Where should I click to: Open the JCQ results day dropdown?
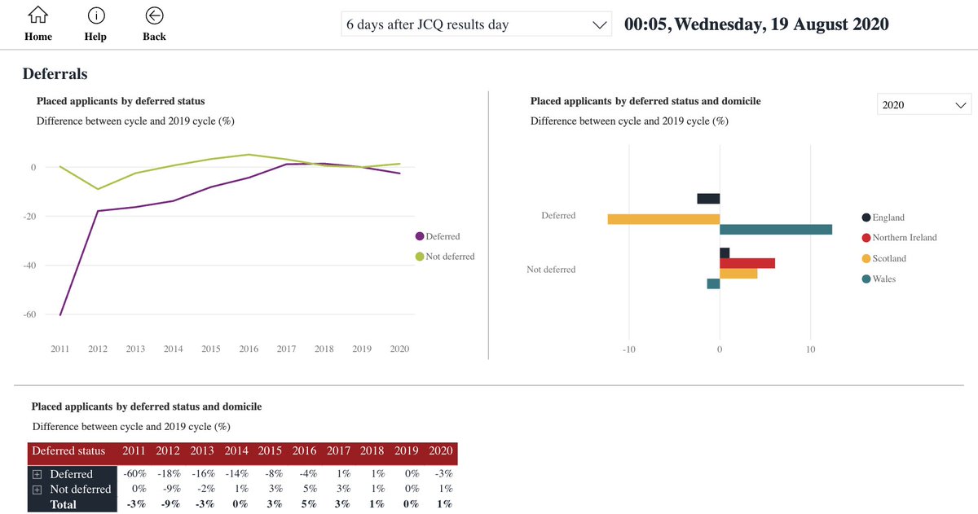[x=476, y=24]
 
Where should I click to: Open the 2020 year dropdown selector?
[x=924, y=105]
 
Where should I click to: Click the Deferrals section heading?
[x=55, y=74]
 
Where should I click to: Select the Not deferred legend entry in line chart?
[x=444, y=257]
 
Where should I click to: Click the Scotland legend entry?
[x=888, y=258]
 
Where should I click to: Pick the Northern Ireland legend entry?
[x=904, y=238]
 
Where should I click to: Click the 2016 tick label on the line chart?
[x=249, y=349]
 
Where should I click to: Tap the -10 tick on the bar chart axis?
[x=628, y=349]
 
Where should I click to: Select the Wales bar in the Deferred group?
[x=775, y=230]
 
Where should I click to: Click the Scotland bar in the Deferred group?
[x=663, y=219]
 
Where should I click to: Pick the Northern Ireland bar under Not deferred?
[x=747, y=263]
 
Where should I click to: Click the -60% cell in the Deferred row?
[x=134, y=474]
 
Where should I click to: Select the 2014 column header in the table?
[x=236, y=451]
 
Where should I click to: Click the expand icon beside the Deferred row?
[x=37, y=474]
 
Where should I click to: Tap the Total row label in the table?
[x=63, y=505]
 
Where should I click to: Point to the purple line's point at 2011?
[x=60, y=314]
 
